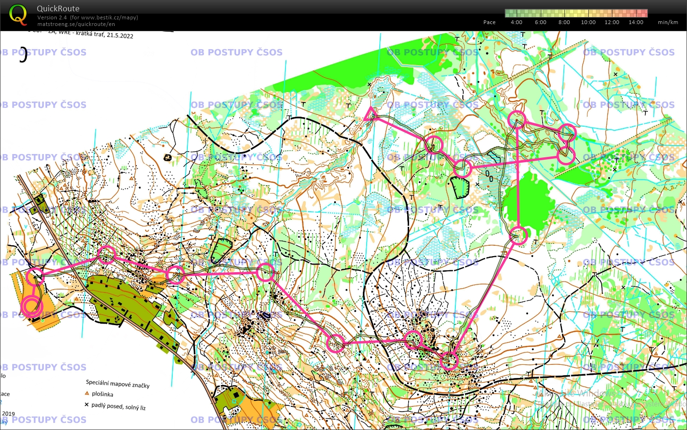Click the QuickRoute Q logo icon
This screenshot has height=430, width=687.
tap(18, 14)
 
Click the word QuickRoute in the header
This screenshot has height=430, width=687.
tap(58, 9)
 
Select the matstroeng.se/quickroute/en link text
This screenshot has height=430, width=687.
tap(76, 24)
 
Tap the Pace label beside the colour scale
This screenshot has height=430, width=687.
tap(489, 22)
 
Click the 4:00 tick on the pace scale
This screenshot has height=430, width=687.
tap(516, 22)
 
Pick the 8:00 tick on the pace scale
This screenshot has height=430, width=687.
tap(564, 22)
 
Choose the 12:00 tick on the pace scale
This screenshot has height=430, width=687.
tap(612, 22)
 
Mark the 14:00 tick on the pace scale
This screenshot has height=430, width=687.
tap(636, 22)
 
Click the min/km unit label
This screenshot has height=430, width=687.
tap(668, 22)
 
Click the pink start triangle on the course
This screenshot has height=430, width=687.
tap(370, 114)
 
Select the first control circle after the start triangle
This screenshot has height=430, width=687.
tap(434, 145)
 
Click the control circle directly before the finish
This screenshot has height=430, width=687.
tap(35, 277)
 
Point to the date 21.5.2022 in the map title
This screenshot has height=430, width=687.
tap(120, 35)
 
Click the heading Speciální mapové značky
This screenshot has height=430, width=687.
tap(117, 384)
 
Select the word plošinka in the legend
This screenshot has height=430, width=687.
tap(102, 394)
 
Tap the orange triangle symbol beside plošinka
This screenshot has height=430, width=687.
tap(87, 393)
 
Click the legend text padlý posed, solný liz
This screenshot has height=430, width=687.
tap(118, 406)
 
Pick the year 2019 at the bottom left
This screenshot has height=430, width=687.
tap(8, 413)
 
